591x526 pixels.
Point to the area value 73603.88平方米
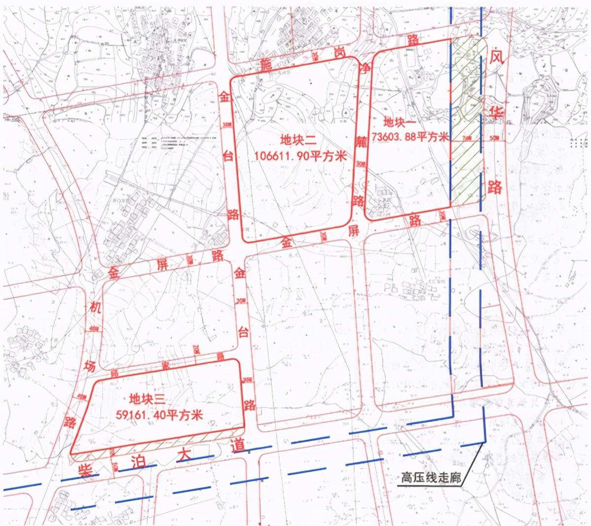click(x=410, y=137)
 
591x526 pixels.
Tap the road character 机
click(x=96, y=309)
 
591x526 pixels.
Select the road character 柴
click(x=86, y=469)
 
